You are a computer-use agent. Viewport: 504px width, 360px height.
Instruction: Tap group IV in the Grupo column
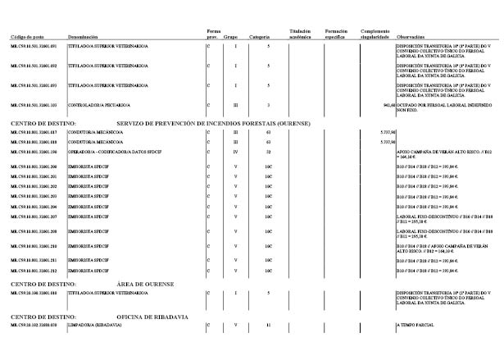235,153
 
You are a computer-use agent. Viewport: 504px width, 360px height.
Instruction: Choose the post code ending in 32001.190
33,153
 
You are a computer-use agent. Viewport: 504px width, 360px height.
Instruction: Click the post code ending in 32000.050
33,326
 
